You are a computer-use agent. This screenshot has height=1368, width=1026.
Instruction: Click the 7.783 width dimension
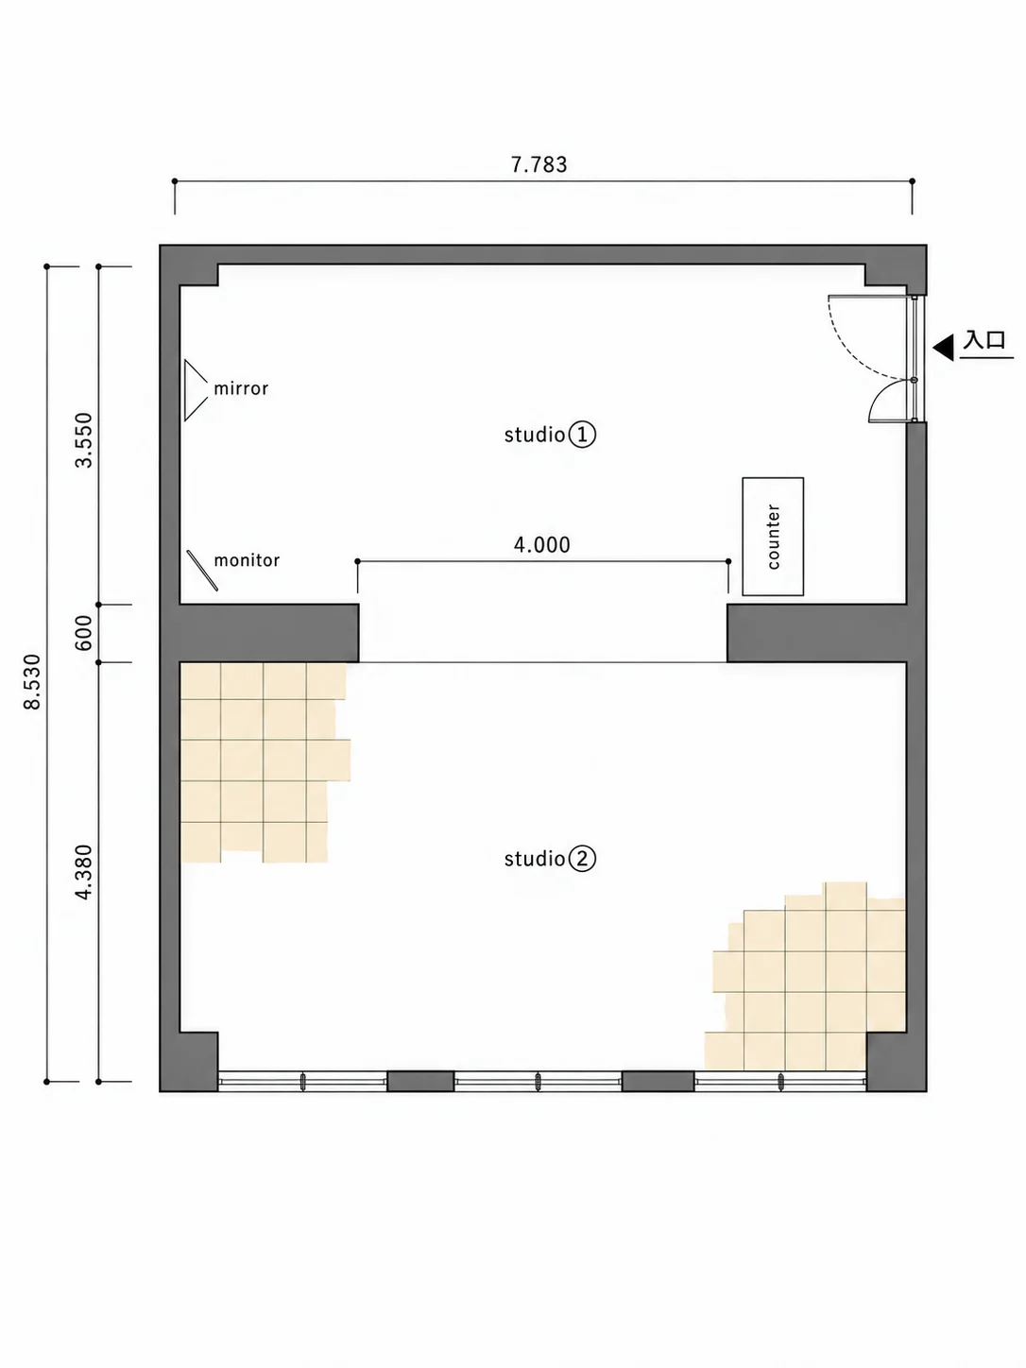tap(539, 164)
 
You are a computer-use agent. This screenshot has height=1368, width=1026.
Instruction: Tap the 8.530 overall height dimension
tap(32, 681)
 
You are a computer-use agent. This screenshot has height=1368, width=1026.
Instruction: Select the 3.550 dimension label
tap(83, 439)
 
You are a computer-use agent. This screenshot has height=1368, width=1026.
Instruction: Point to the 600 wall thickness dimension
tap(83, 633)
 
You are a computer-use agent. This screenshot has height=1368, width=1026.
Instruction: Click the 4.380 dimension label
tap(83, 872)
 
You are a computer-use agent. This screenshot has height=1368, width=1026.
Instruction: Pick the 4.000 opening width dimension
tap(542, 545)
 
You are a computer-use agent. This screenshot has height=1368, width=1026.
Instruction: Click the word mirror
tap(241, 388)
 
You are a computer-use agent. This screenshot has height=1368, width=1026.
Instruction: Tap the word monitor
tap(247, 559)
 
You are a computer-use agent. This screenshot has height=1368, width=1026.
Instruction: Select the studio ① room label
tap(550, 435)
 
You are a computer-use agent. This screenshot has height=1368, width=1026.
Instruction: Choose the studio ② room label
tap(550, 859)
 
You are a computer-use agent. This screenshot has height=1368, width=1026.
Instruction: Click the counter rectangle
tap(773, 537)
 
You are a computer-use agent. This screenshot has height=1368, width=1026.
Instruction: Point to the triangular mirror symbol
tap(196, 390)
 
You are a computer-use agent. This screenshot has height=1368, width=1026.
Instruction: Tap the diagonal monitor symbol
tap(202, 571)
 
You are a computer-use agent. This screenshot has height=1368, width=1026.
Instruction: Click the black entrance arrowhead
tap(944, 347)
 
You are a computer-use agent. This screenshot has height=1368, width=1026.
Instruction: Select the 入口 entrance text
tap(984, 341)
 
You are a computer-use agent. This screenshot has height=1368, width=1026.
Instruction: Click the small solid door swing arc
tap(880, 394)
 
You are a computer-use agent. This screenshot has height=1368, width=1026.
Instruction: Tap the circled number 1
tap(583, 435)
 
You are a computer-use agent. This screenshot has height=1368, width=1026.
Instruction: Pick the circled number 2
tap(583, 859)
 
